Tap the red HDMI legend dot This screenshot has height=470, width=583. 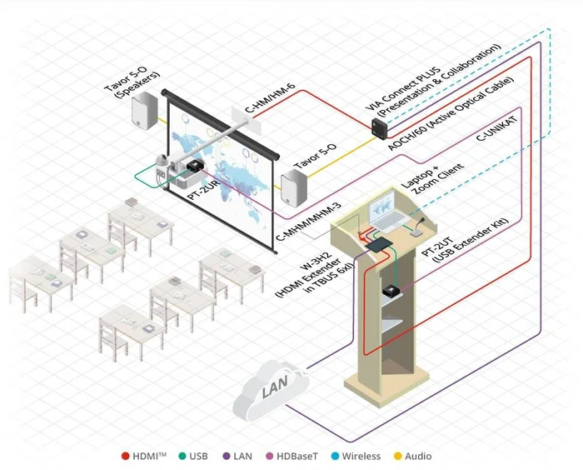click(x=125, y=456)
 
